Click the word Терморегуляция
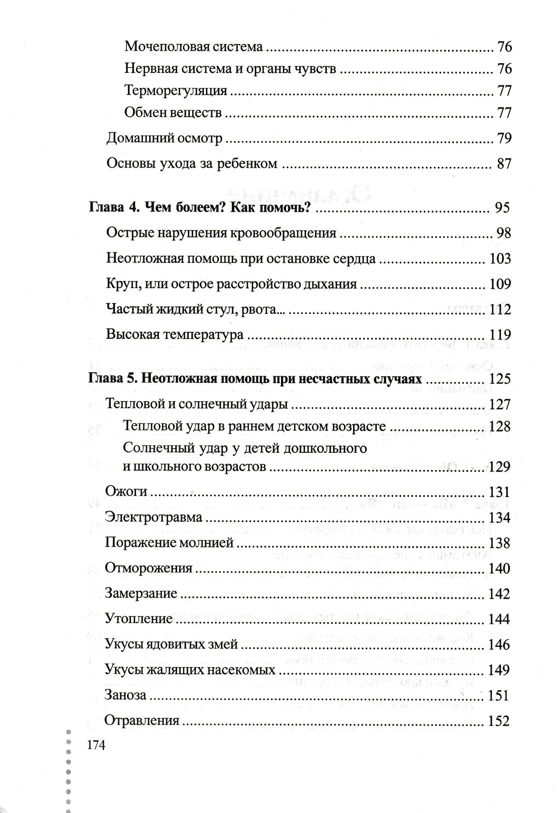[175, 91]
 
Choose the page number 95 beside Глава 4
[502, 208]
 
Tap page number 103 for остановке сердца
[499, 258]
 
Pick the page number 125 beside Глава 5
[499, 379]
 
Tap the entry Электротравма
[153, 517]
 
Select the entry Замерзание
[141, 594]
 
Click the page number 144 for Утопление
[499, 619]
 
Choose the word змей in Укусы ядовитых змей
[224, 644]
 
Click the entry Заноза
[125, 695]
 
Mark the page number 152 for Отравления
[499, 720]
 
